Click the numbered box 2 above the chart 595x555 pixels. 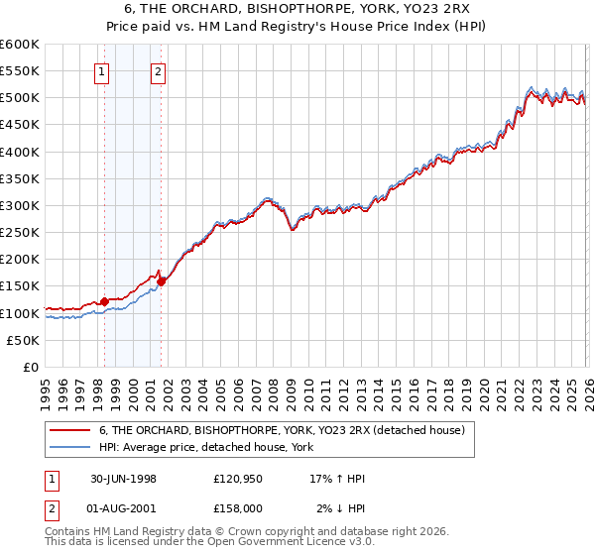click(159, 70)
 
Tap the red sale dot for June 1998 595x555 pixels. click(105, 301)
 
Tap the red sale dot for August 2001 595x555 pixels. click(161, 281)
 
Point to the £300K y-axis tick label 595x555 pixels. click(20, 206)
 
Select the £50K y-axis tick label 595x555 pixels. click(24, 340)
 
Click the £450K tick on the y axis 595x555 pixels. click(20, 125)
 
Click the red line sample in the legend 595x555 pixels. click(70, 431)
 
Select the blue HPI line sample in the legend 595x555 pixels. click(70, 447)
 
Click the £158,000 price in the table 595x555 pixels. click(238, 509)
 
